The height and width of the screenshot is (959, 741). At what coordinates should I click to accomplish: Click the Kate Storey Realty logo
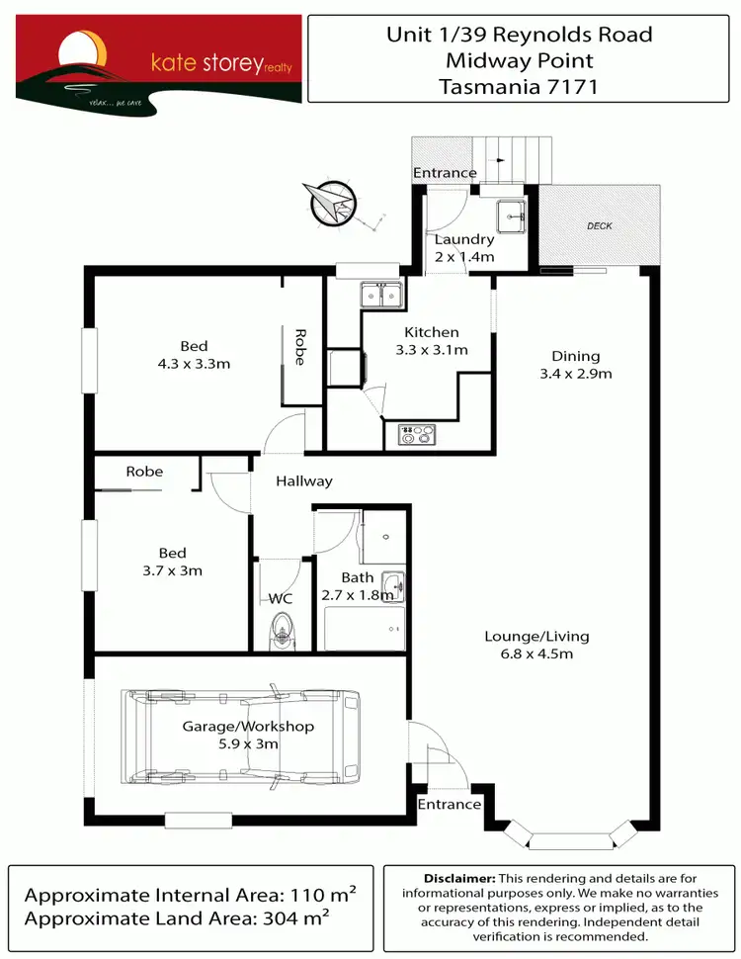pyautogui.click(x=158, y=59)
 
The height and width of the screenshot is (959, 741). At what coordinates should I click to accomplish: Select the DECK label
pyautogui.click(x=600, y=226)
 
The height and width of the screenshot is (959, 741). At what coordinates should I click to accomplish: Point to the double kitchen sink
pyautogui.click(x=380, y=294)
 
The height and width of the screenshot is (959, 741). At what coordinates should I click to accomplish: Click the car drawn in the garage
pyautogui.click(x=242, y=737)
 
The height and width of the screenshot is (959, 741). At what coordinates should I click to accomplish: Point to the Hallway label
pyautogui.click(x=304, y=481)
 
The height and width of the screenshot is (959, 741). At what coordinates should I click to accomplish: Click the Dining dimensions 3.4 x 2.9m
pyautogui.click(x=576, y=374)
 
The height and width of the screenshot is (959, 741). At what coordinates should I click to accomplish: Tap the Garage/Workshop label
pyautogui.click(x=248, y=727)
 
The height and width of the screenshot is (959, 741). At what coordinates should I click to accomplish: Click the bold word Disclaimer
pyautogui.click(x=458, y=878)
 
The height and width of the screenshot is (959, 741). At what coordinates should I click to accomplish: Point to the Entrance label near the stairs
pyautogui.click(x=445, y=173)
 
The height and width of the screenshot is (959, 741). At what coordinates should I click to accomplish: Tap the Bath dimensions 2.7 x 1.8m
pyautogui.click(x=358, y=595)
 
